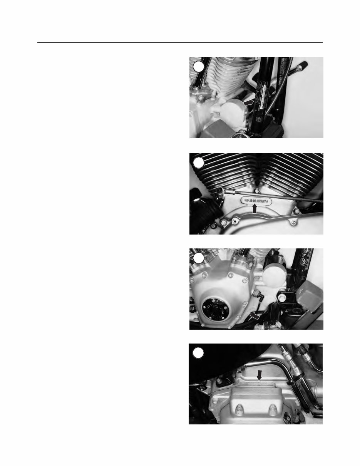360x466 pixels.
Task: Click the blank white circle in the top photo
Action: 198,66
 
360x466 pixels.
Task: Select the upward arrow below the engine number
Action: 254,209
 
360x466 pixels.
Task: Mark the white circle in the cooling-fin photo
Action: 198,163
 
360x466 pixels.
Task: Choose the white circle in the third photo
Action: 198,258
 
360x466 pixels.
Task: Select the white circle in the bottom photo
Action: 198,353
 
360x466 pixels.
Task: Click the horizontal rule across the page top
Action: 180,43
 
